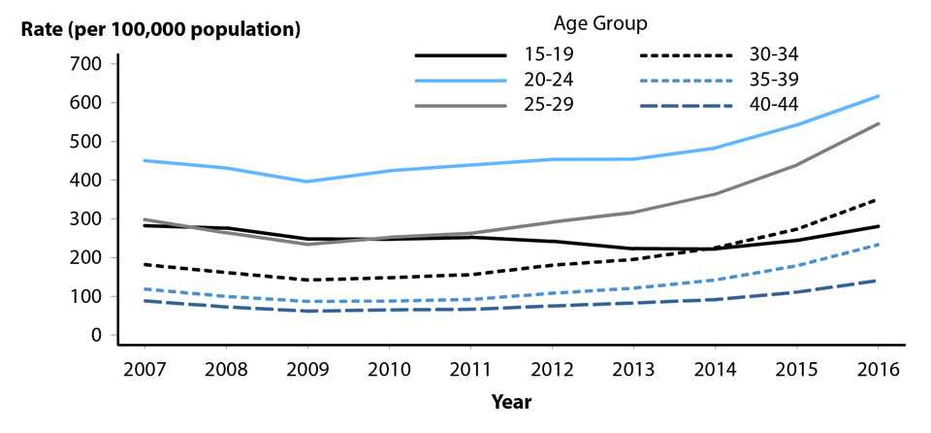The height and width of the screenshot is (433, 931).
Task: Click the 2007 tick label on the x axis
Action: [144, 371]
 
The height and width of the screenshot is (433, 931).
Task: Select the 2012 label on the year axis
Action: [552, 371]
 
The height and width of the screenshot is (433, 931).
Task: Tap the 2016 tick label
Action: [878, 371]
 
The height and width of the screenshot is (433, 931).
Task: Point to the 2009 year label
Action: [307, 371]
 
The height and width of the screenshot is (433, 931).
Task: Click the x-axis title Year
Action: [511, 400]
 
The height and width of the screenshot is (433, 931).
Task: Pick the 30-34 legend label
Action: [779, 56]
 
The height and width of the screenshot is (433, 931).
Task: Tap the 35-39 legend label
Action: [779, 80]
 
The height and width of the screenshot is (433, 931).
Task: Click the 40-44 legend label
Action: [779, 103]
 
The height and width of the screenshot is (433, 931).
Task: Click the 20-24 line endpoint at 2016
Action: [878, 96]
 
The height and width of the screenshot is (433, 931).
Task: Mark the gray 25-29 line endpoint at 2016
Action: [878, 123]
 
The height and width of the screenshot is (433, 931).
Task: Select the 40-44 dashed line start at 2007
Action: [144, 301]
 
